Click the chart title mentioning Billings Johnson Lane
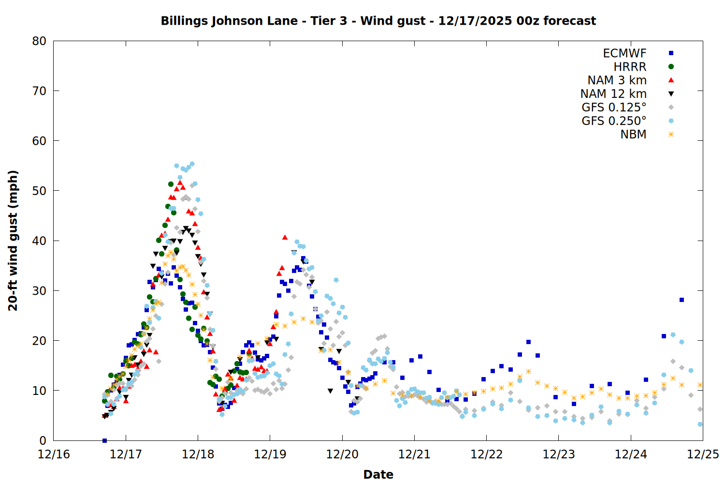[x=378, y=21]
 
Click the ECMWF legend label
[x=624, y=53]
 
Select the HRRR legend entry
[x=630, y=67]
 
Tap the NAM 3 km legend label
[x=617, y=80]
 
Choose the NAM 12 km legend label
[x=613, y=94]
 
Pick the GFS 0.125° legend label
[x=614, y=107]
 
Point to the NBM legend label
[x=633, y=135]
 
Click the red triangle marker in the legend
[x=671, y=80]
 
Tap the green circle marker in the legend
[x=671, y=67]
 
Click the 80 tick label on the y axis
[x=40, y=41]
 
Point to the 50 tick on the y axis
[x=40, y=191]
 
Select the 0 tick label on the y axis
[x=43, y=440]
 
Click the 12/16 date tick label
[x=54, y=454]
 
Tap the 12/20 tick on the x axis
[x=342, y=454]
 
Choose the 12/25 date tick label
[x=703, y=454]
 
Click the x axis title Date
[x=378, y=474]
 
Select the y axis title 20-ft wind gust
[x=13, y=241]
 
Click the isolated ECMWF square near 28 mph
[x=681, y=300]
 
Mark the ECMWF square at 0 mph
[x=104, y=440]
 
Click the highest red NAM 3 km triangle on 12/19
[x=285, y=237]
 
